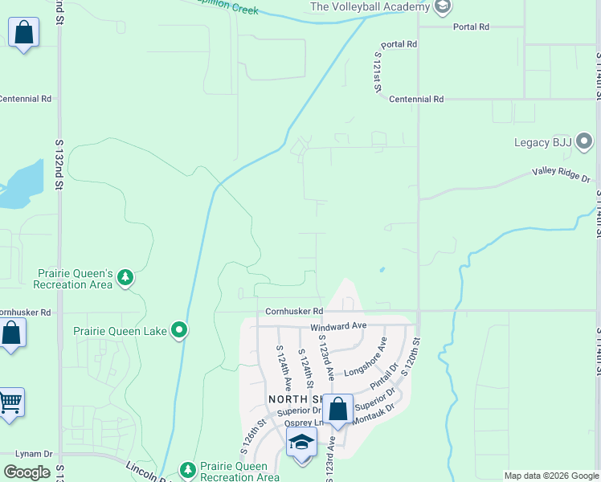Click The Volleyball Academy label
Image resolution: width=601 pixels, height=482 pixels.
370,7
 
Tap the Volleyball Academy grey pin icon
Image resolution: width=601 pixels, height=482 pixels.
442,7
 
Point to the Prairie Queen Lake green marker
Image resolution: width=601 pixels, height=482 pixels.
180,330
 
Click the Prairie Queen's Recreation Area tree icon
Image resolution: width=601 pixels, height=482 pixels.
125,278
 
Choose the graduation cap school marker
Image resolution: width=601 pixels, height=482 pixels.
302,443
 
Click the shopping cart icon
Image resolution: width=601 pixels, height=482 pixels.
10,402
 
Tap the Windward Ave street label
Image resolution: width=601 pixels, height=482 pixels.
338,327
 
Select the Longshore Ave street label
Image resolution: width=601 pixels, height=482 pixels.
366,357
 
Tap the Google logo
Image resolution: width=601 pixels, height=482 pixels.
27,472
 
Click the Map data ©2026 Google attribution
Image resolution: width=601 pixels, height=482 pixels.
551,476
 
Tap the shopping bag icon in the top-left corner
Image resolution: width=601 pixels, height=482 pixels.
24,34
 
